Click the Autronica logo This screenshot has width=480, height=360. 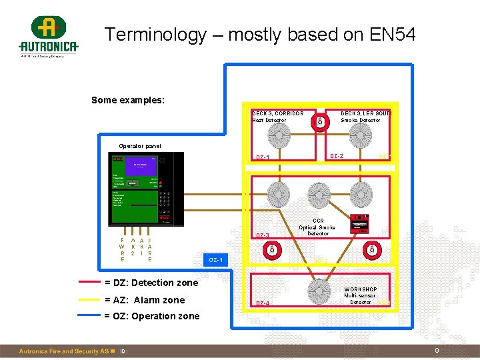tap(48, 36)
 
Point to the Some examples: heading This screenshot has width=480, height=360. tap(128, 101)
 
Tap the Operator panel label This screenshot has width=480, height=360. tap(140, 146)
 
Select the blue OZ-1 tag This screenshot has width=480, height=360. tap(216, 259)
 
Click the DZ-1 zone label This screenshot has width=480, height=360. tap(263, 158)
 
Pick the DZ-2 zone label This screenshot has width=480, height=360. tap(337, 157)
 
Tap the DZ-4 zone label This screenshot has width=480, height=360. tap(263, 304)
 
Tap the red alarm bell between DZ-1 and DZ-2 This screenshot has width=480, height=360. tap(320, 121)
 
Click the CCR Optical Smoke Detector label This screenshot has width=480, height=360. tap(318, 227)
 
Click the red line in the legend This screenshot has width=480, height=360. tap(89, 283)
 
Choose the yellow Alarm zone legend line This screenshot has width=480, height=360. tap(89, 299)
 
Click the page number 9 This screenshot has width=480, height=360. tap(437, 351)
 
